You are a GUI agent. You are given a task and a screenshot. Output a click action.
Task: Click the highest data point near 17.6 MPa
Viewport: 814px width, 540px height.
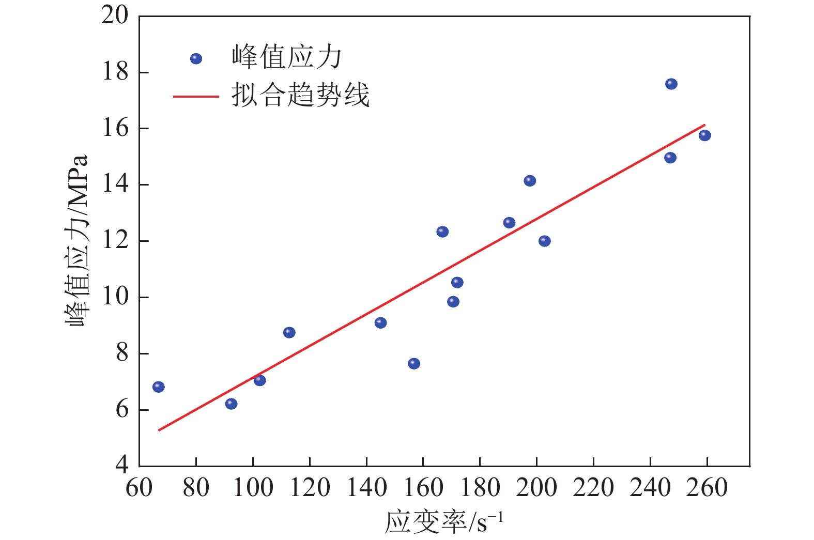click(x=671, y=84)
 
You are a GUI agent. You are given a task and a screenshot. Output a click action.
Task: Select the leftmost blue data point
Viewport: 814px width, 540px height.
click(x=159, y=387)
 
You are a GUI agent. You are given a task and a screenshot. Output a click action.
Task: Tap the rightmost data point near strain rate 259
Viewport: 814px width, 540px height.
click(x=704, y=135)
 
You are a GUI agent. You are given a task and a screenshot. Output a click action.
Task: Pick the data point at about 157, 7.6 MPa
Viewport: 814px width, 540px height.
click(x=414, y=364)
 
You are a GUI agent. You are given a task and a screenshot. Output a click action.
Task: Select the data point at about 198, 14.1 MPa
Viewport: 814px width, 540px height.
click(x=530, y=181)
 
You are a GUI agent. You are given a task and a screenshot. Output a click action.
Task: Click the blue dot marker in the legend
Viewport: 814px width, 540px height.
click(x=196, y=58)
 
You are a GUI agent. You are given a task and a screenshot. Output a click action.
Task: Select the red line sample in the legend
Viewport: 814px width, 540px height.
click(x=196, y=96)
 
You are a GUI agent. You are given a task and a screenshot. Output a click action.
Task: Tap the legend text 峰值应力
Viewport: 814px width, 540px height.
click(x=287, y=57)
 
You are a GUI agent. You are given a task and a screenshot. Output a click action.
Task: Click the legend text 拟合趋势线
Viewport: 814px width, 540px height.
click(x=300, y=95)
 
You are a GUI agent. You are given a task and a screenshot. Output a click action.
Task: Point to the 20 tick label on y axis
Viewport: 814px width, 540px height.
click(x=115, y=16)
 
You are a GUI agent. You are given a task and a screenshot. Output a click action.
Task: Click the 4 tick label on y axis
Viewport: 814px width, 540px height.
click(x=122, y=465)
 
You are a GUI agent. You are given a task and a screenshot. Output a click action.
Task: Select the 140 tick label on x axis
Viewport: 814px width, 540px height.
click(x=366, y=488)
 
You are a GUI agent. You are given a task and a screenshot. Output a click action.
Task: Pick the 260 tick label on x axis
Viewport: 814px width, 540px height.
click(x=707, y=488)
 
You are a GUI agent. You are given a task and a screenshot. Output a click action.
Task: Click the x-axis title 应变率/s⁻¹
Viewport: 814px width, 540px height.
click(x=443, y=522)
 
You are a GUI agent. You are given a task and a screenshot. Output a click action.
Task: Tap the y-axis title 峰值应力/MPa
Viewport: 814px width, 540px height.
click(x=77, y=240)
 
